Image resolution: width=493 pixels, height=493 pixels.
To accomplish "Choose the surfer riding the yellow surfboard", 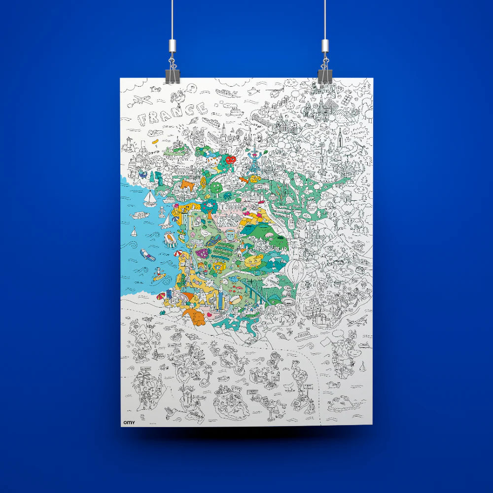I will click(158, 275).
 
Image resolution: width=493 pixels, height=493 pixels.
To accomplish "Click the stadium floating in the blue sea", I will click(171, 240).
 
